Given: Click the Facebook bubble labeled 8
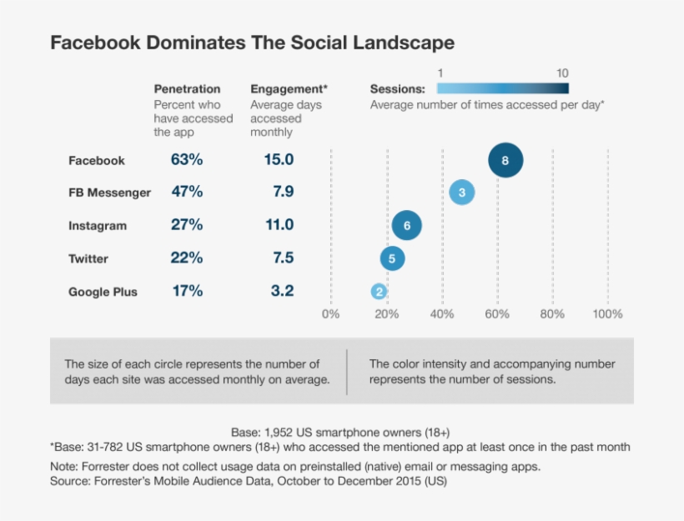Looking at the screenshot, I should (x=505, y=160).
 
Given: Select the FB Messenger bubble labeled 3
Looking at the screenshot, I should (x=461, y=193).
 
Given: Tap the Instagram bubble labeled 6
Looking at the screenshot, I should (x=406, y=225).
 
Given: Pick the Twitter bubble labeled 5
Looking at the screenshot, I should (x=392, y=258).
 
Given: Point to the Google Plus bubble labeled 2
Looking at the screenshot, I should (x=379, y=292).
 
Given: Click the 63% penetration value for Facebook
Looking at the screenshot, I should (x=187, y=160).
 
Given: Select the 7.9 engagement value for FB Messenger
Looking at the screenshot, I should (x=283, y=193).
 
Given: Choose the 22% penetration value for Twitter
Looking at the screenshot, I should (x=187, y=258).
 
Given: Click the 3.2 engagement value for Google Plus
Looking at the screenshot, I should (x=283, y=291).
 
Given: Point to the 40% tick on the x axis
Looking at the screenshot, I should (x=442, y=314).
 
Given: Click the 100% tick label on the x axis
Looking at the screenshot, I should (x=607, y=314).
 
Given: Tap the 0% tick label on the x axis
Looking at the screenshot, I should (x=331, y=314).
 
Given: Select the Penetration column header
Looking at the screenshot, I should (x=188, y=89).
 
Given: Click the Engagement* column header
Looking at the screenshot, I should (x=289, y=89).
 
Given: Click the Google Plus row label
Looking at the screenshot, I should (x=103, y=292).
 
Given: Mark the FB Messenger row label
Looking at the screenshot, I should (x=109, y=193).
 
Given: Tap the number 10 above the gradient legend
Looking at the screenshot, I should (x=562, y=73).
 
